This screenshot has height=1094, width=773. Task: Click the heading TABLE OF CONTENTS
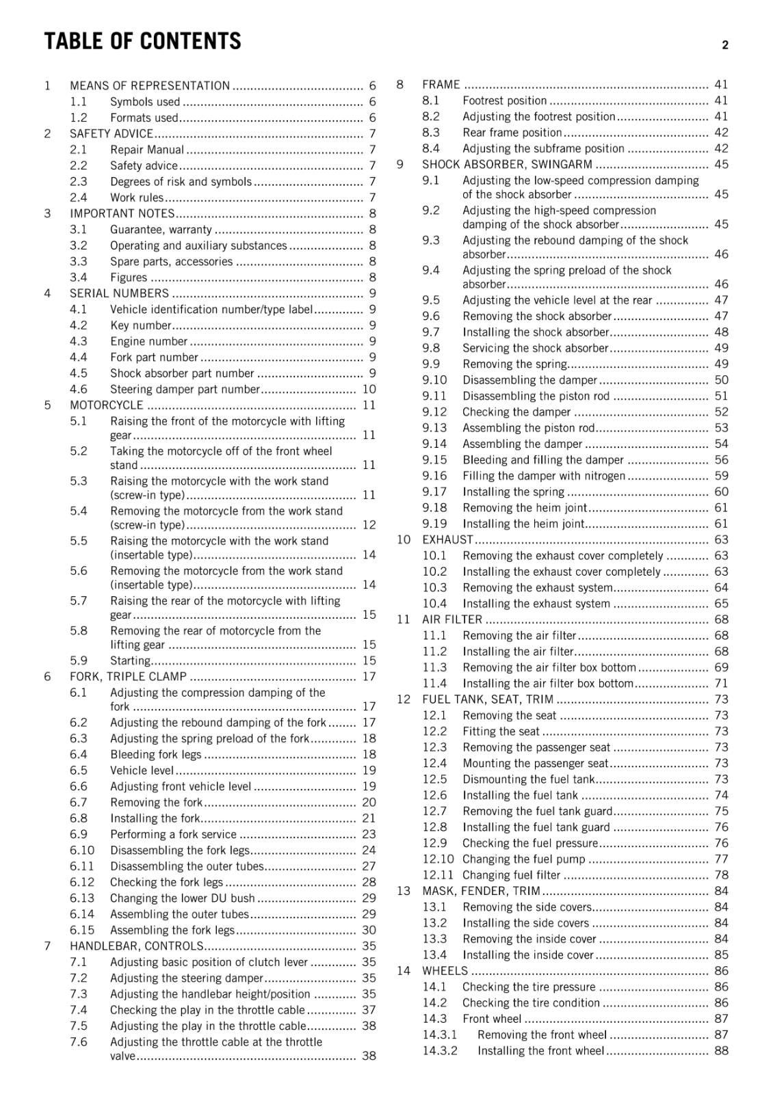coord(142,42)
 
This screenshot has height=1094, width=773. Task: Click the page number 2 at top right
coord(724,45)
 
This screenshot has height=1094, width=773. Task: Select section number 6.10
coord(82,851)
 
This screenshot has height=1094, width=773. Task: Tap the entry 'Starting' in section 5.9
coord(130,661)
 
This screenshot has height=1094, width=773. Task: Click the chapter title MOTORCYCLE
coord(107,405)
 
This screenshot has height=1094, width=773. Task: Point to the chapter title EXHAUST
coord(447,539)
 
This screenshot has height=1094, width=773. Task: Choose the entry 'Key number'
coord(141,325)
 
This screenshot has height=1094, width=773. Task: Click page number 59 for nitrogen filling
coord(721,476)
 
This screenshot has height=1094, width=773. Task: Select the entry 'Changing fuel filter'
coord(511,875)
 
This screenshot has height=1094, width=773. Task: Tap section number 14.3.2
coord(440,1051)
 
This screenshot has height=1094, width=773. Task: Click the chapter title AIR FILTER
coord(452,619)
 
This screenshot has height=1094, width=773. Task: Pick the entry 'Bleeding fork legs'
coord(156,755)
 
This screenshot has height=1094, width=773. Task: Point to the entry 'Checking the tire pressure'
coord(529,987)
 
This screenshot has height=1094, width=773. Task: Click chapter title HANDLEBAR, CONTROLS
coord(137,946)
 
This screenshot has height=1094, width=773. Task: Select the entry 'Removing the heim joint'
coord(525,508)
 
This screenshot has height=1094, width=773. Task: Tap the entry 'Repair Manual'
coord(147,150)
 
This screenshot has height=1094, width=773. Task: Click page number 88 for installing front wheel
coord(721,1051)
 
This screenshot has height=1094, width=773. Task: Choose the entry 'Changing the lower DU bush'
coord(183,898)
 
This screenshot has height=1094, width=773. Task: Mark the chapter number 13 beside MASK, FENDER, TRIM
coord(404,891)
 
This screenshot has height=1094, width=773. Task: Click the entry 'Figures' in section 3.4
coord(129,278)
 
